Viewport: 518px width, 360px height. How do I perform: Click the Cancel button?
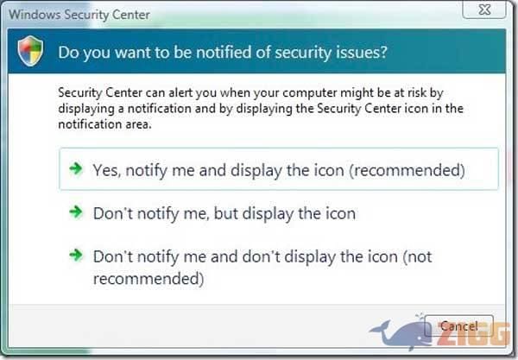[459, 326]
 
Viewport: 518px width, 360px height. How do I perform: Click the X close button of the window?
[484, 9]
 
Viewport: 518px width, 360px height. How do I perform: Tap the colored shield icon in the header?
[30, 51]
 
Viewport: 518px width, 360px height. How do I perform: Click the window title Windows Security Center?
[79, 15]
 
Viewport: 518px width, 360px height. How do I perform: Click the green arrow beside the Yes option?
[76, 168]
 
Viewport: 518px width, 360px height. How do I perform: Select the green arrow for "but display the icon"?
[76, 212]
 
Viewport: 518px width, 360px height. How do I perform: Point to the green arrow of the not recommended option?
[76, 255]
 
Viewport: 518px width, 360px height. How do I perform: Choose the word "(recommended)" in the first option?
[407, 170]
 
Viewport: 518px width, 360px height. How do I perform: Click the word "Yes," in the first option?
[107, 170]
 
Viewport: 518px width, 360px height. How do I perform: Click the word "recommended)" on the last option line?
[148, 279]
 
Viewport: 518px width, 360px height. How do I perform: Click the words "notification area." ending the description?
[104, 124]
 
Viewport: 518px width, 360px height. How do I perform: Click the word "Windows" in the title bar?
[35, 15]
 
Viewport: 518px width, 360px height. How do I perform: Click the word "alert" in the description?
[180, 92]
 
